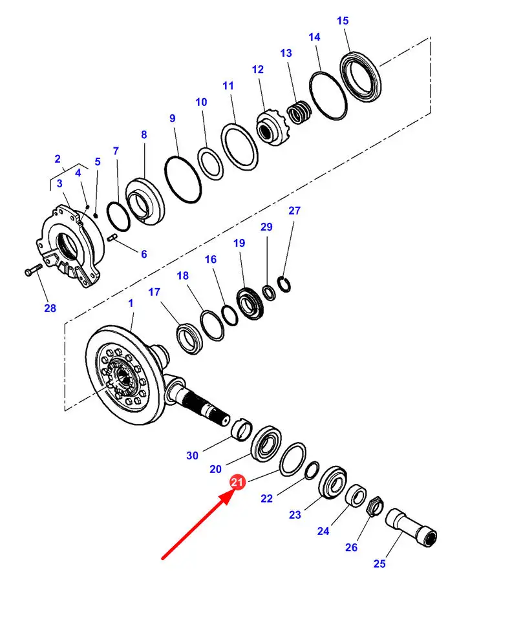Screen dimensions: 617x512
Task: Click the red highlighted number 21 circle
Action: click(237, 483)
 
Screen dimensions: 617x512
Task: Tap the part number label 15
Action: click(343, 21)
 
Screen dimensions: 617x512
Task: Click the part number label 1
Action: click(131, 302)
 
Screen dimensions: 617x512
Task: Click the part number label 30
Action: click(192, 455)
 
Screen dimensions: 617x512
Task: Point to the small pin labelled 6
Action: click(112, 239)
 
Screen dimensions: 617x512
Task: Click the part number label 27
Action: click(294, 211)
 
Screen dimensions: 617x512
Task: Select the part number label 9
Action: click(172, 118)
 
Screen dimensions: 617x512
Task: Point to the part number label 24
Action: click(323, 531)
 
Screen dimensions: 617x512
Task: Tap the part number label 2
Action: click(58, 159)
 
